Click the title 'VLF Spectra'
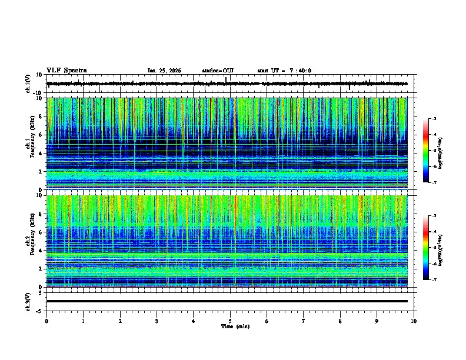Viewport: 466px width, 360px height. coord(66,71)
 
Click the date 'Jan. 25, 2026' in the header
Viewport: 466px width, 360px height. coord(164,71)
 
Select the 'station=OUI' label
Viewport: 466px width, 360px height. coord(218,71)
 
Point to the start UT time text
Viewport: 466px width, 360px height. coord(284,71)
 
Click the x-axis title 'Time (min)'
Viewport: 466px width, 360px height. coord(231,326)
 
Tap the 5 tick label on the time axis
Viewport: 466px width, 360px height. coord(230,321)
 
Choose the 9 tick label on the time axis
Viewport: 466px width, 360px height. coord(377,321)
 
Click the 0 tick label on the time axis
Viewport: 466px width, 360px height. coord(46,321)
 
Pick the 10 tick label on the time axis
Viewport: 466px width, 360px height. coord(414,321)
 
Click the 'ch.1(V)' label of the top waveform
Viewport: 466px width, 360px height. coord(28,84)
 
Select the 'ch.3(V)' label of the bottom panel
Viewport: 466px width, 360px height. coord(28,301)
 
